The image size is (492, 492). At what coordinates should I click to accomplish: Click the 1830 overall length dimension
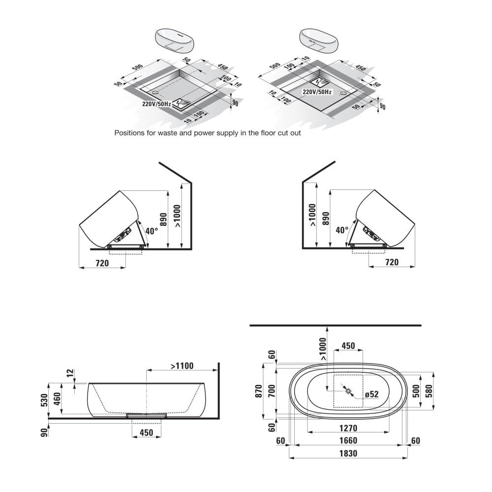click(x=348, y=453)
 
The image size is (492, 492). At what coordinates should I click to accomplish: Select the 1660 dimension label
click(x=348, y=440)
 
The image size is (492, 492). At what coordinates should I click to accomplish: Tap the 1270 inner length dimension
click(x=348, y=428)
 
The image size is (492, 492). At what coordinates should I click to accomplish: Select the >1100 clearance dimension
click(x=182, y=366)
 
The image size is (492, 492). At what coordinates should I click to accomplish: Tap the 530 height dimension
click(x=44, y=400)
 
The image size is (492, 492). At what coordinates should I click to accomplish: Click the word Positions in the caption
click(x=129, y=133)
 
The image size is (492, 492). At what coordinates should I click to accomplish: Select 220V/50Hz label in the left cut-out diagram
click(x=156, y=104)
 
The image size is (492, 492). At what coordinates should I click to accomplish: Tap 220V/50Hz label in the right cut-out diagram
click(x=317, y=92)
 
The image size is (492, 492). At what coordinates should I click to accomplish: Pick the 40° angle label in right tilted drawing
click(x=342, y=230)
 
